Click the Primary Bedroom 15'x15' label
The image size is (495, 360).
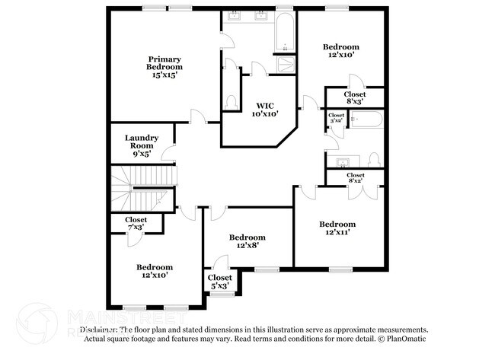point(165,67)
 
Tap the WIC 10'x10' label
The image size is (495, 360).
point(266,109)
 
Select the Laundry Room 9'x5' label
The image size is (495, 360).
point(142,145)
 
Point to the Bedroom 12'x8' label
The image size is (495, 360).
point(247,241)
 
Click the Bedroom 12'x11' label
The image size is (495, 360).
point(337,228)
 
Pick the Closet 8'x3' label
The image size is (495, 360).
point(355,97)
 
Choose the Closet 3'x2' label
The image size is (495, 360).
point(336,118)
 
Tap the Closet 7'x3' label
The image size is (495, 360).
point(136,223)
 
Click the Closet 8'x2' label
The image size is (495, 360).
point(355,178)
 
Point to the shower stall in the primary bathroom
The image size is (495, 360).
point(285,65)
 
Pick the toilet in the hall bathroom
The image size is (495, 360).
point(373,160)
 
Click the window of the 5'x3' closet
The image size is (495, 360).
point(222,295)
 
